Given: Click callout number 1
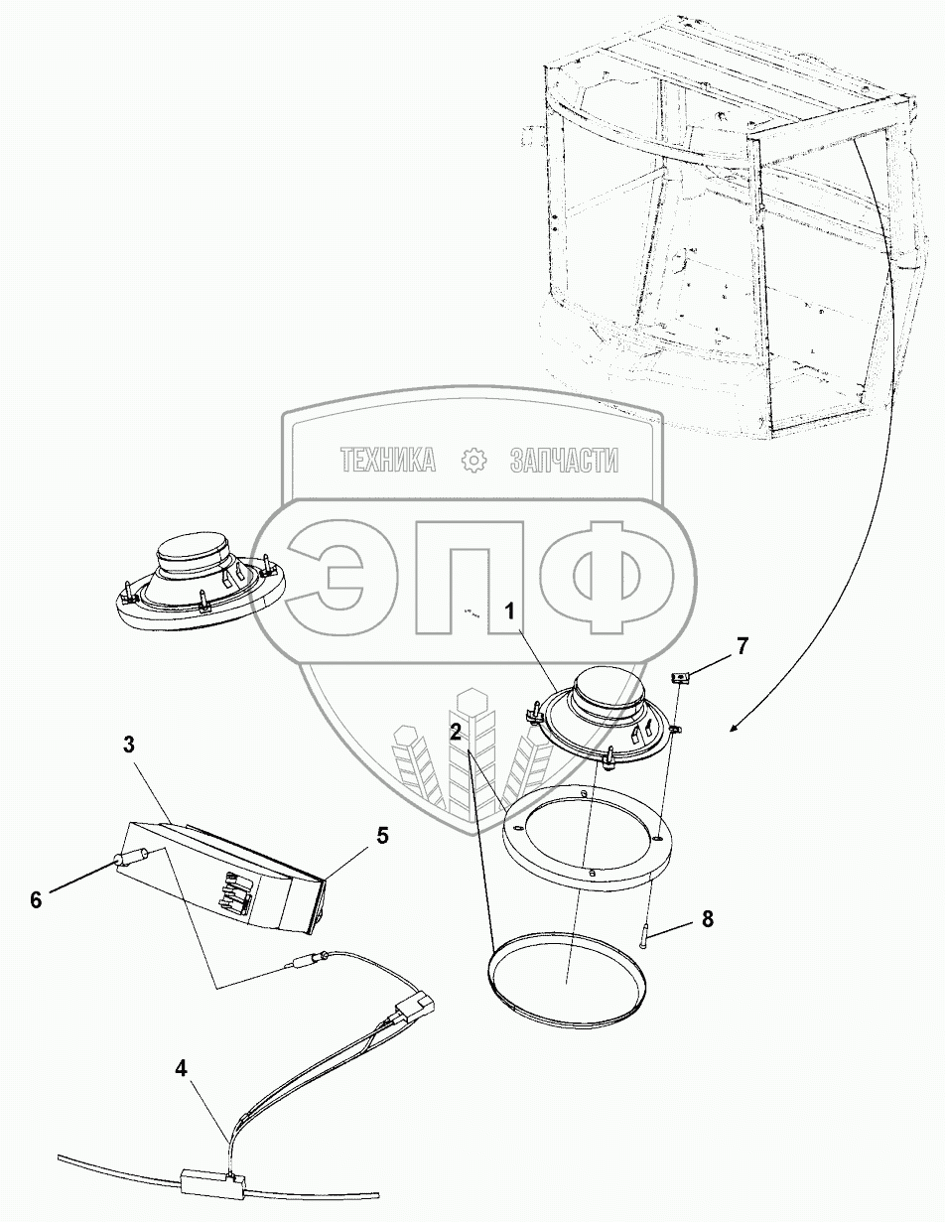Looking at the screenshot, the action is pos(510,611).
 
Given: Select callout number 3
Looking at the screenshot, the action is pos(129,746).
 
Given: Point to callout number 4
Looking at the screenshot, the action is pos(181,1068).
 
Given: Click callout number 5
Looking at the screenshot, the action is pos(382,852).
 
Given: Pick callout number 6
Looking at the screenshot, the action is pos(36,900).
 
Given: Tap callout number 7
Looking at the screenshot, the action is pos(742,646).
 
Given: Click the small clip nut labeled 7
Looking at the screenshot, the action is pos(680,678).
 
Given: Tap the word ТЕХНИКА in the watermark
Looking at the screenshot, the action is pos(388,460).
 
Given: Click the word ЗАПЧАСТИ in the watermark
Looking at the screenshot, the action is pos(565,460).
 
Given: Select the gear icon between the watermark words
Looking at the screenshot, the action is pos(473,460).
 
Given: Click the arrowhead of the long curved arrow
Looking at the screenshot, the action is pos(736,728).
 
